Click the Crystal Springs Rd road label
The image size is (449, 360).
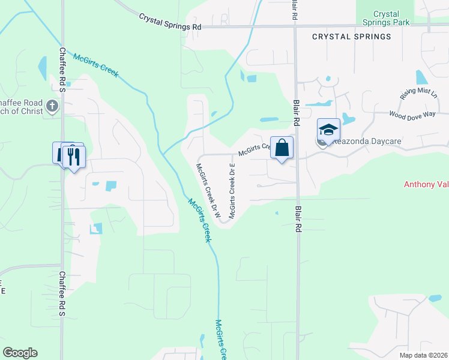tap(170, 22)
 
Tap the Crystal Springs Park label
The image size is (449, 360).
tap(386, 18)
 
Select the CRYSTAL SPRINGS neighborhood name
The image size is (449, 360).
tap(351, 37)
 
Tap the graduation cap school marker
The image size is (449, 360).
tap(328, 130)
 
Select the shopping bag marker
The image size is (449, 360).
tap(282, 148)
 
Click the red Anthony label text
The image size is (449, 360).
tap(426, 184)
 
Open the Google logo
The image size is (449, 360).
tap(20, 353)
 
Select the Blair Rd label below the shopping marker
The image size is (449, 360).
tap(297, 220)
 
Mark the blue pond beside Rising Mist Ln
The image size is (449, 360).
tap(421, 77)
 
